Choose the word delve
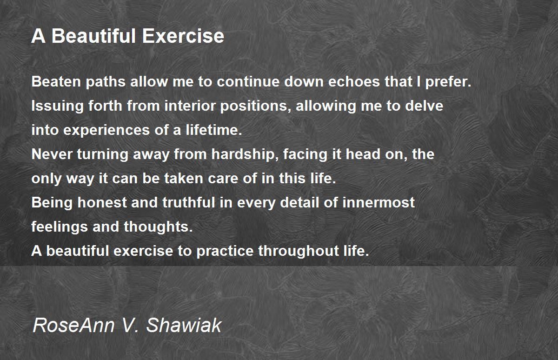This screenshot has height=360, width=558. [x=424, y=106]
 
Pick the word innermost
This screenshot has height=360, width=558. [x=385, y=203]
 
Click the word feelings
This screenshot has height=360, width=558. [x=60, y=227]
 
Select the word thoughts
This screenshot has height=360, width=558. [x=158, y=227]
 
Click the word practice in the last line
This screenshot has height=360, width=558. [x=225, y=252]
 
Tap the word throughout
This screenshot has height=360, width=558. [x=297, y=252]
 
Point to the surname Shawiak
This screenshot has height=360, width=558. [x=184, y=325]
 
